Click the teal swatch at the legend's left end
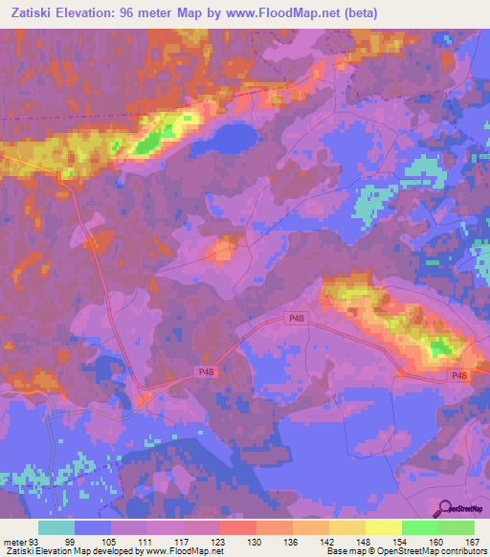point(56,527)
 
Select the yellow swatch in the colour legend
point(383,527)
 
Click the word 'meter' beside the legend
point(14,541)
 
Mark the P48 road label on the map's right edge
point(460,376)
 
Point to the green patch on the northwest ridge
point(147,144)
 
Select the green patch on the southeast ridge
point(441,346)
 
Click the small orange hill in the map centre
point(224,251)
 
